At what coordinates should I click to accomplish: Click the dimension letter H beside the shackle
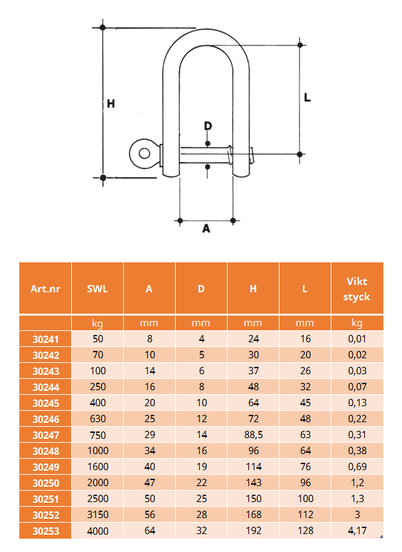[x=111, y=103]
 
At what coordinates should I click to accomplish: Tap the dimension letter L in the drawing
[x=307, y=97]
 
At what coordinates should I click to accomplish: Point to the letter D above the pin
[x=208, y=126]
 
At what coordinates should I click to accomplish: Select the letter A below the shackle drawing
[x=206, y=229]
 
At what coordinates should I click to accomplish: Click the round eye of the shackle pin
[x=144, y=154]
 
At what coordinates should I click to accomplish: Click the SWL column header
[x=97, y=289]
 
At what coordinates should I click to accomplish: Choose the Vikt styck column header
[x=357, y=289]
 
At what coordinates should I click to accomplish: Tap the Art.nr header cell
[x=45, y=289]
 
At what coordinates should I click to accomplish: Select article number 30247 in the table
[x=46, y=435]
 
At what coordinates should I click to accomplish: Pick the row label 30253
[x=46, y=531]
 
